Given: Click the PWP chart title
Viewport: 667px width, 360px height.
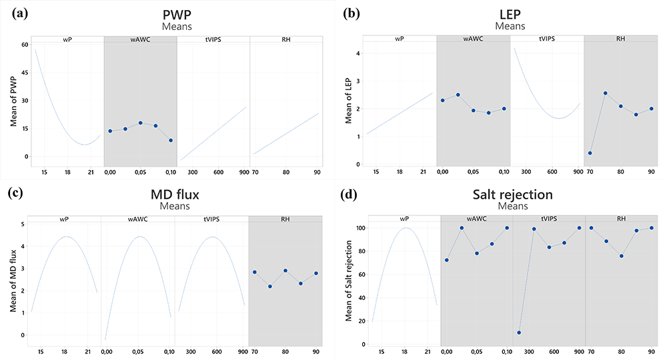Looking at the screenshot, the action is [x=177, y=15].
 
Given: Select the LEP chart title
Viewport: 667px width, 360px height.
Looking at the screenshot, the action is [x=510, y=15].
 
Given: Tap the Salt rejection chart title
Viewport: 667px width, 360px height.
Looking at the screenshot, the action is [x=512, y=194].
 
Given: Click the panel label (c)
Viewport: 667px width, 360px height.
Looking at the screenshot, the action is [x=15, y=193].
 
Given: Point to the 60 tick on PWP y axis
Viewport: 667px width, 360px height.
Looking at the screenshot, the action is [x=25, y=45].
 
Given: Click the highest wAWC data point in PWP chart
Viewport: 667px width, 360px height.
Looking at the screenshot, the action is [x=140, y=123].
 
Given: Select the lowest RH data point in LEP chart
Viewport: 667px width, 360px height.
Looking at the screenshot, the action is [x=590, y=153].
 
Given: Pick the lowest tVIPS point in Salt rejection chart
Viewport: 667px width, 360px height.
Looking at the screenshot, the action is [x=519, y=333].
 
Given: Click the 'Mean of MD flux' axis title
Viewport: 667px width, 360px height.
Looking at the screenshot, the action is [x=13, y=281].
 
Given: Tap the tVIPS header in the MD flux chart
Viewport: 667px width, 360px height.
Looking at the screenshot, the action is [x=211, y=219].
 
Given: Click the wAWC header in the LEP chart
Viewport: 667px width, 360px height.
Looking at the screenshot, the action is [x=473, y=39].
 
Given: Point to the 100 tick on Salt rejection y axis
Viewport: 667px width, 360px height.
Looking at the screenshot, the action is [x=361, y=228].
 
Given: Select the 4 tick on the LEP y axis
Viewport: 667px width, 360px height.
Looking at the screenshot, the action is [x=358, y=53].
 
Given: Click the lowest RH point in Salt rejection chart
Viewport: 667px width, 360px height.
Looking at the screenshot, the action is [x=622, y=256].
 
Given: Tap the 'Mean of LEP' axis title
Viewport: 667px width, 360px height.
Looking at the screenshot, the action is [x=348, y=101].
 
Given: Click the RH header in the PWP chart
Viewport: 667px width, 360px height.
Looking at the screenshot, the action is [x=286, y=39].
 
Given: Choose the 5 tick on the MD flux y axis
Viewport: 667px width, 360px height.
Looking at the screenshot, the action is [x=23, y=224].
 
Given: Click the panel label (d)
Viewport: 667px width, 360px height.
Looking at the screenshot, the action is [x=349, y=194].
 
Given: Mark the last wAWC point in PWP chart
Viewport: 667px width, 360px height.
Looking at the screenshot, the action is [x=171, y=140].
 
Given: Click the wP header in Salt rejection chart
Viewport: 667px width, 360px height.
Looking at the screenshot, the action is [x=404, y=219].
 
